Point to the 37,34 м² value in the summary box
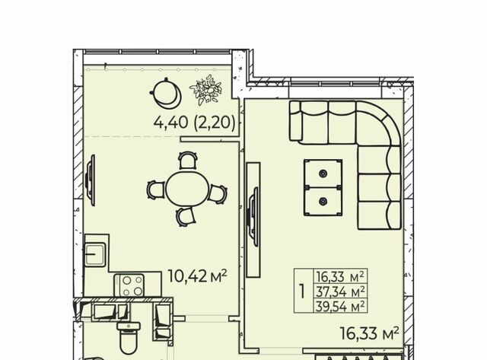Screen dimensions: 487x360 (340, 292)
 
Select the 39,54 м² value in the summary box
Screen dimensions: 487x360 (340, 307)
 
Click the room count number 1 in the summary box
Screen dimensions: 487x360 (302, 292)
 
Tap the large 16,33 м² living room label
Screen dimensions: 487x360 (369, 333)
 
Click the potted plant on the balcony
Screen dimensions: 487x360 (205, 90)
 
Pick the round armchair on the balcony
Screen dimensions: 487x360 (165, 93)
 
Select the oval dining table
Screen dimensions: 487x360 (187, 188)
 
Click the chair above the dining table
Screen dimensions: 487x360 (188, 160)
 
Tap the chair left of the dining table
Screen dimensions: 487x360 (155, 190)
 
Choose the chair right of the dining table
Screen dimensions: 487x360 (218, 194)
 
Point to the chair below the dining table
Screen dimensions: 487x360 (186, 216)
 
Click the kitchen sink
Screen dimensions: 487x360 (95, 254)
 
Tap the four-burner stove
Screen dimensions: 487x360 (129, 285)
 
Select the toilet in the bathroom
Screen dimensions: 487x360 (129, 338)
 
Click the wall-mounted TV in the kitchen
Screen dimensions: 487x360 (90, 180)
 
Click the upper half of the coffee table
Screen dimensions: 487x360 (323, 174)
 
